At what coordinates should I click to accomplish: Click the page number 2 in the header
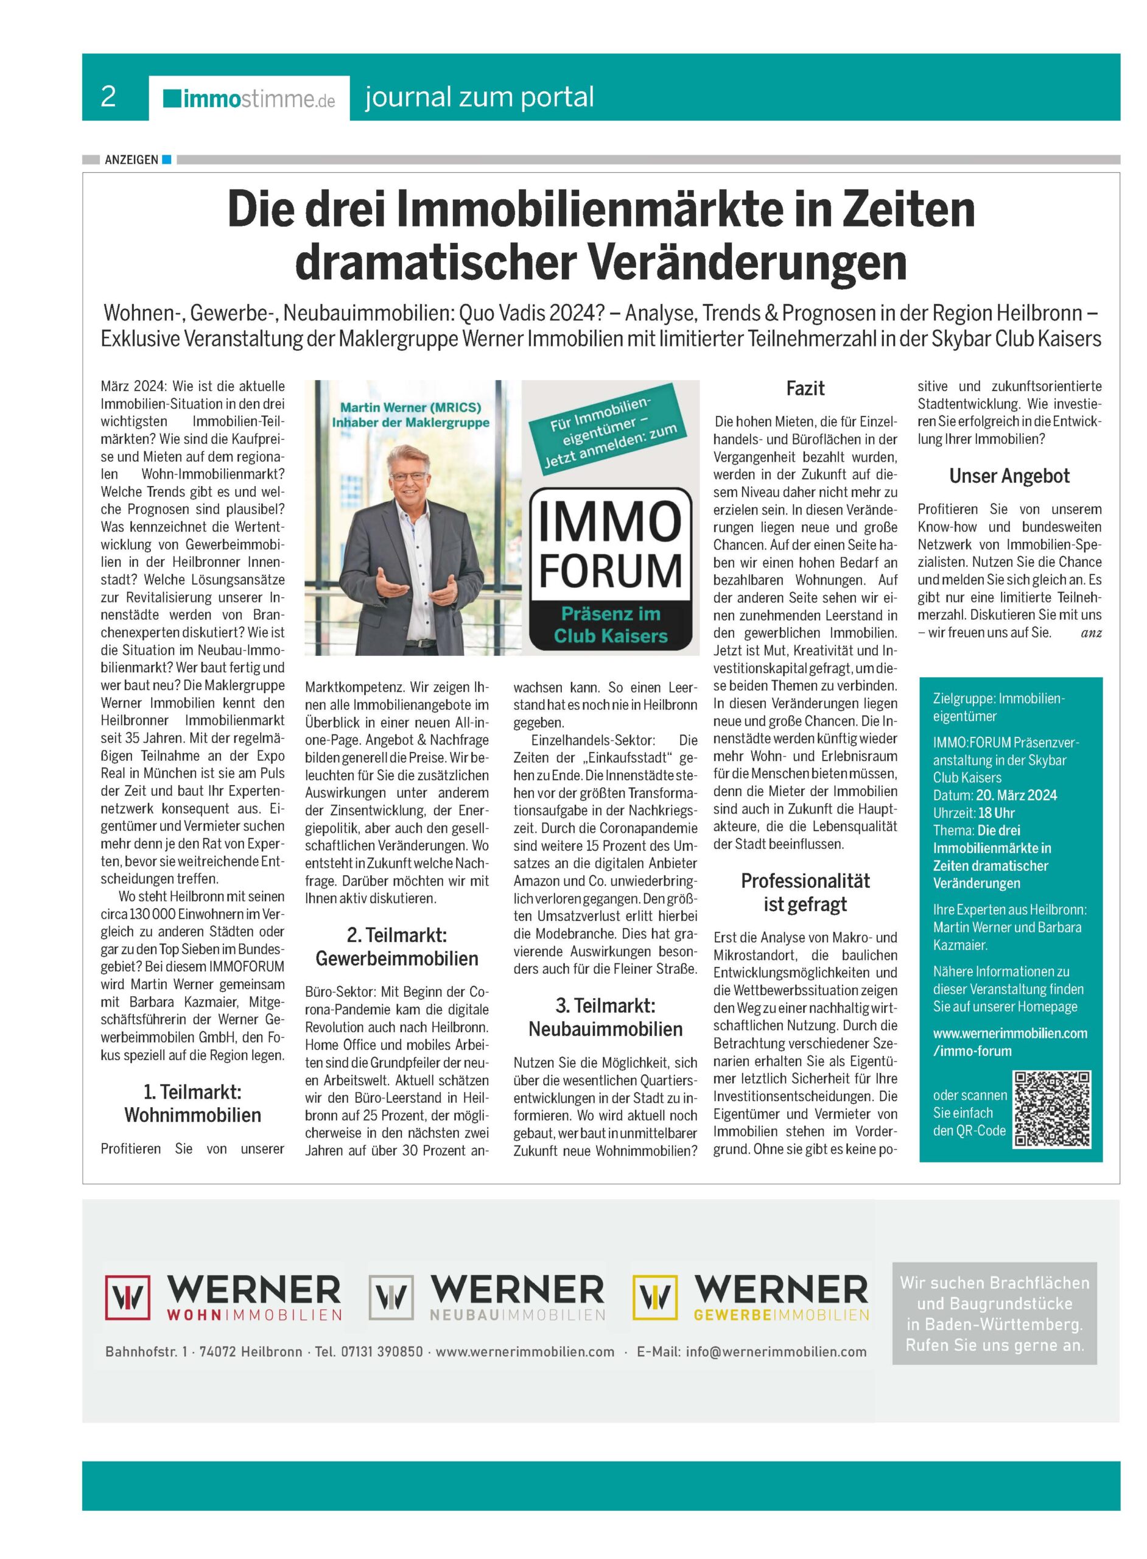click(108, 97)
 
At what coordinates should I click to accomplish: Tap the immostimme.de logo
click(249, 99)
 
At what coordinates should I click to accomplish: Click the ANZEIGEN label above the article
click(132, 160)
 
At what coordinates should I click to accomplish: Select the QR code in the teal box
click(1052, 1109)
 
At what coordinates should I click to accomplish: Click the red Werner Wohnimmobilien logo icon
click(128, 1297)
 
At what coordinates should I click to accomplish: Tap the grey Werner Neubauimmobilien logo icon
click(391, 1297)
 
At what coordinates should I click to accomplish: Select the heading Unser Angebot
click(1009, 476)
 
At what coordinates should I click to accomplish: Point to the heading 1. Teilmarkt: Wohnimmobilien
click(192, 1103)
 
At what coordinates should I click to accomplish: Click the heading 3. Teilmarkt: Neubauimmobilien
click(605, 1018)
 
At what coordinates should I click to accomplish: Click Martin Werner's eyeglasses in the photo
click(410, 476)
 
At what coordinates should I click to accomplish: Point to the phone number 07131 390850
click(381, 1351)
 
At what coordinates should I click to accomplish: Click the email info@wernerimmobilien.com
click(776, 1351)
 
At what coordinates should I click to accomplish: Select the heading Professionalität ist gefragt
click(805, 892)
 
